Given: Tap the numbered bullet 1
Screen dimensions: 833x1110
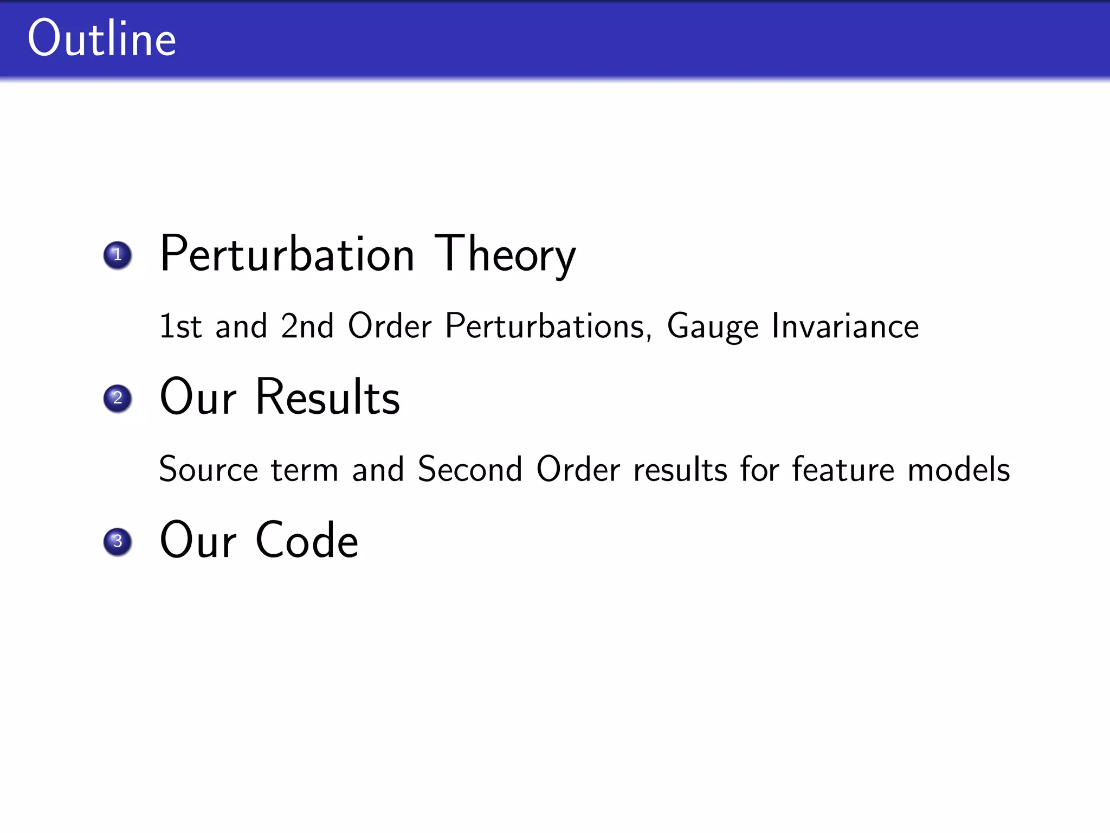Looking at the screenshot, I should pos(118,255).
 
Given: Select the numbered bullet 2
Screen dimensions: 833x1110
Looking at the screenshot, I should pos(118,399).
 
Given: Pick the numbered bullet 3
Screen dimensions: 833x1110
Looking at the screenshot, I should pos(118,542).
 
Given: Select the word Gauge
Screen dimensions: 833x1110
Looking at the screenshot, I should pos(712,326).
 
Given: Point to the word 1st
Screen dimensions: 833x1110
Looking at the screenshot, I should pos(180,326).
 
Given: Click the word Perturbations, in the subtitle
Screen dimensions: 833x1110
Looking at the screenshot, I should pos(548,326).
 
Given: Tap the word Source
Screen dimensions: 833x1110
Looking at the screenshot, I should pos(209,469).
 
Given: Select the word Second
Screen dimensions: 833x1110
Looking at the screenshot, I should pos(470,469).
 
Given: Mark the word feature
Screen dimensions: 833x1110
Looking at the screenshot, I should pos(843,469).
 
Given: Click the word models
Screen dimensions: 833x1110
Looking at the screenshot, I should pos(959,469).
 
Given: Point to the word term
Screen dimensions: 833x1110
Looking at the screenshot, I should pos(305,470).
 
